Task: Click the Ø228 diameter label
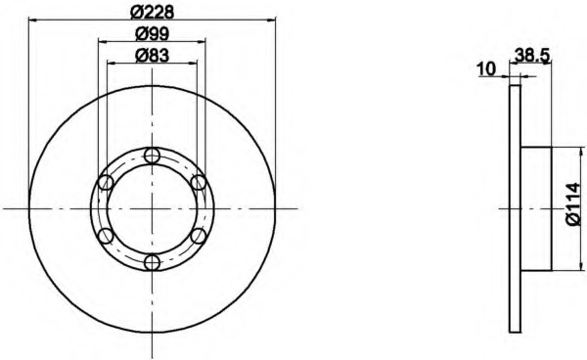coord(152,13)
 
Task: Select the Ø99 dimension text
coord(152,34)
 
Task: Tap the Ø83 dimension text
coord(152,56)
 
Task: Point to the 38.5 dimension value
coord(532,56)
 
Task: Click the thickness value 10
coord(486,69)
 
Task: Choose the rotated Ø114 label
coord(574,204)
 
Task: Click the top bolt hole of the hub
coord(152,156)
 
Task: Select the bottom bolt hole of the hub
coord(152,262)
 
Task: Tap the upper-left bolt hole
coord(106,183)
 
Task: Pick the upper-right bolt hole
coord(198,183)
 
